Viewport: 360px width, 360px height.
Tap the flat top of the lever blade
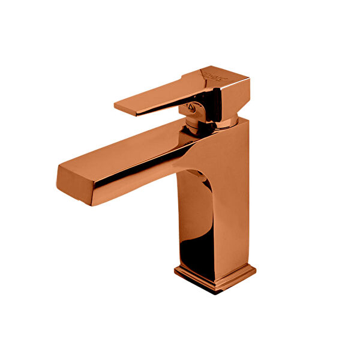click(156, 93)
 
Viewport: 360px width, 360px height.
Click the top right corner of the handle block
click(248, 77)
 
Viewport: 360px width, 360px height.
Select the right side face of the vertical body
click(237, 198)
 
